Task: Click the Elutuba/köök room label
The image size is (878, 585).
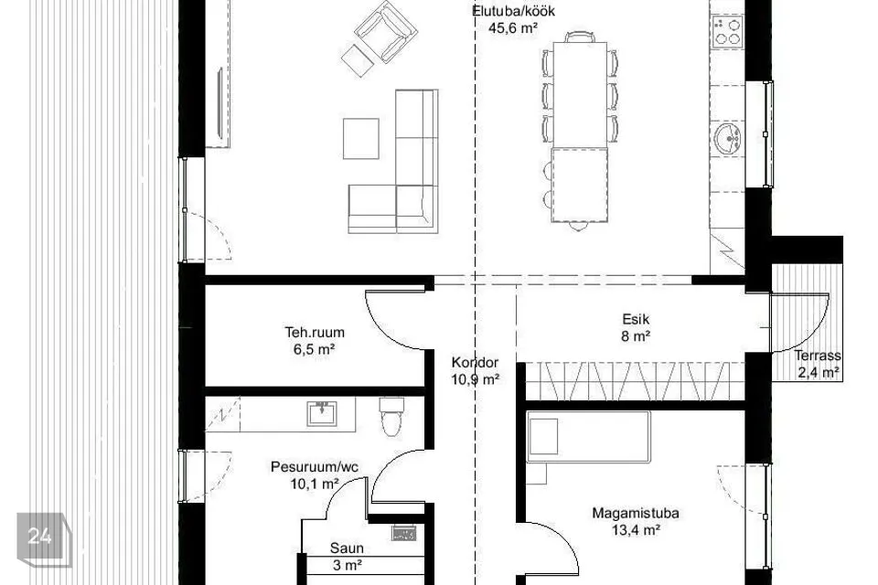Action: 513,11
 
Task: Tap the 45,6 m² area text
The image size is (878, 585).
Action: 513,28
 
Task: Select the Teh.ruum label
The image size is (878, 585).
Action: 315,332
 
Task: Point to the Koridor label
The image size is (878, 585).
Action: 476,362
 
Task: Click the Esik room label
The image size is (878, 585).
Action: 637,319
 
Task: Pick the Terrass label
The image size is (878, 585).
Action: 818,356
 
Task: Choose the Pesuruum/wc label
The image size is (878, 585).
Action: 315,467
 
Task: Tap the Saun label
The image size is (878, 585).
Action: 347,548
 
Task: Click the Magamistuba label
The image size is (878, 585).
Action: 636,513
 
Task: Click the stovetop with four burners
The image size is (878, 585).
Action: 727,31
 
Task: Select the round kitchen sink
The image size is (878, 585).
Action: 728,138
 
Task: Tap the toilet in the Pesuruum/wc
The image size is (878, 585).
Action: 391,417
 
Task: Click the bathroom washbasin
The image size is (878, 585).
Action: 322,413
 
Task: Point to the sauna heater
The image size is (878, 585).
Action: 403,533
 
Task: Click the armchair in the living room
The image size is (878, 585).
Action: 386,31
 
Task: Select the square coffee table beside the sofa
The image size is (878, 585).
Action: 361,138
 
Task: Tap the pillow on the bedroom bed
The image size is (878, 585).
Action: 543,436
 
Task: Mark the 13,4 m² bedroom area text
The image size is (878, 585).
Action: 636,530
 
